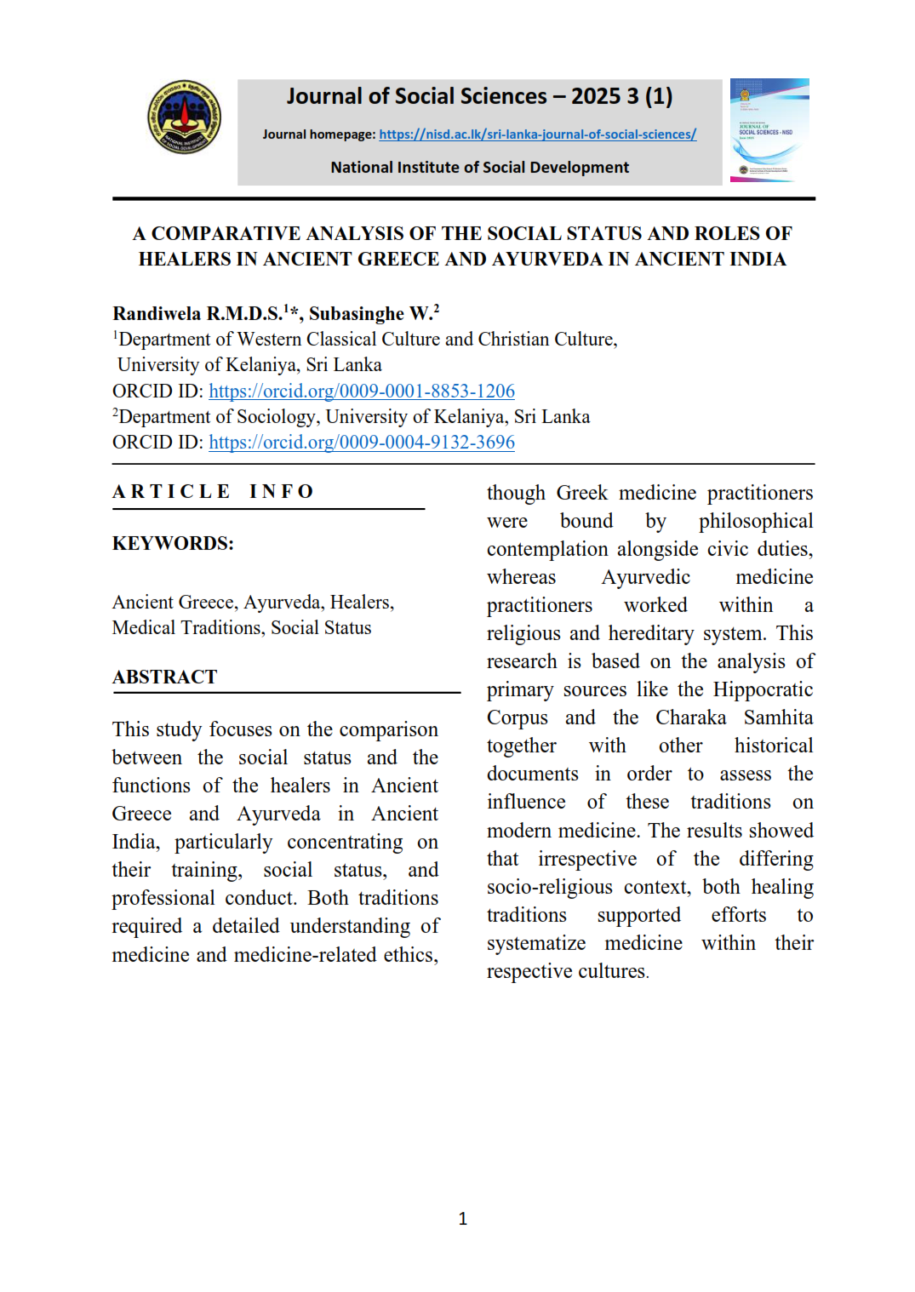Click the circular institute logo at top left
coord(184,117)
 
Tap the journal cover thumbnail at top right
coord(769,130)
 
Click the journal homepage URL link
coord(537,134)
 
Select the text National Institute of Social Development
coord(479,168)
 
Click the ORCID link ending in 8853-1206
coord(362,391)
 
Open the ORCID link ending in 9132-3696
coord(362,443)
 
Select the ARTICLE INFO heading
coord(213,492)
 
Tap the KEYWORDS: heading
coord(173,544)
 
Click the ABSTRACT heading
coord(165,677)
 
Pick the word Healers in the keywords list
coord(361,603)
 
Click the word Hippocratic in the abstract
coord(763,689)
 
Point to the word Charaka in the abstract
coord(690,717)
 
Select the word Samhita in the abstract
coord(778,717)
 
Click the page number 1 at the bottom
coord(463,1219)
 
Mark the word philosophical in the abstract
coord(755,521)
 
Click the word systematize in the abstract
coord(536,943)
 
